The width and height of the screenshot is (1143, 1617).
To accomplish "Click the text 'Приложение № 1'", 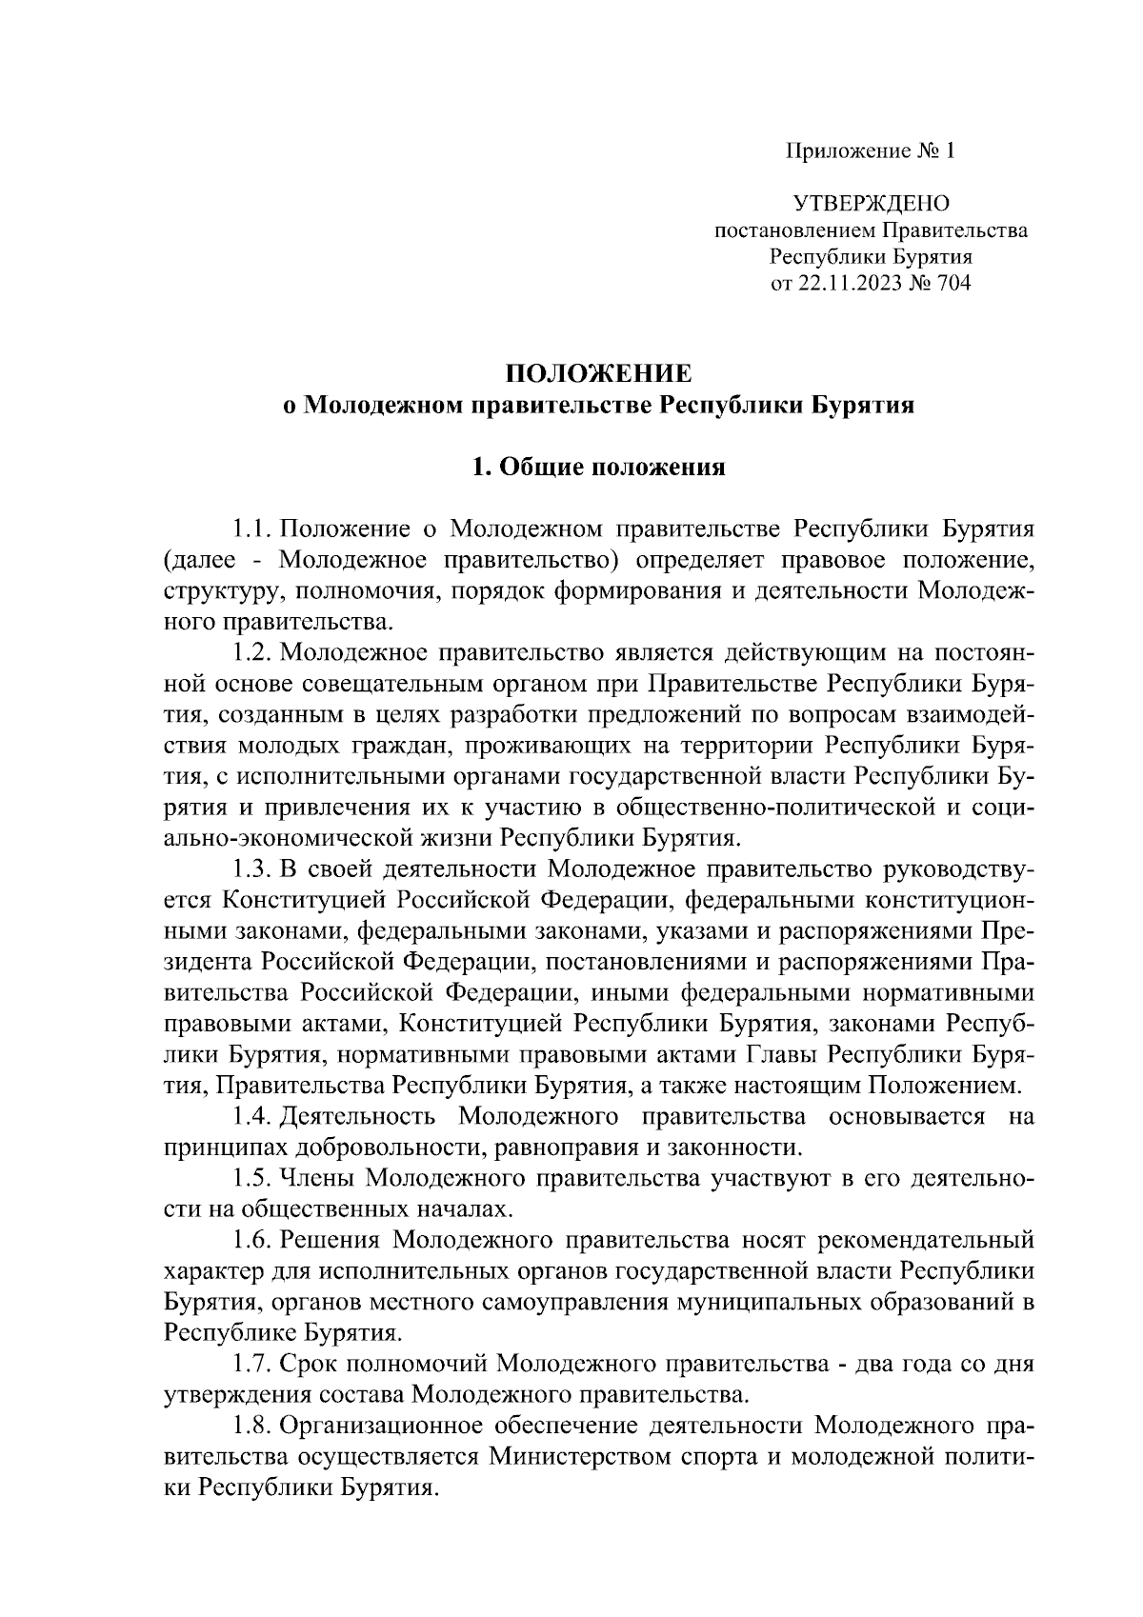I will click(x=869, y=150).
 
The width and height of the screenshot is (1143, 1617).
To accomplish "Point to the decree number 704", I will click(x=952, y=283).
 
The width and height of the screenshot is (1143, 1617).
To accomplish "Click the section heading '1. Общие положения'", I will click(x=599, y=468).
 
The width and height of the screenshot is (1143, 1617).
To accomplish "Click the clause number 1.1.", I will click(x=253, y=529).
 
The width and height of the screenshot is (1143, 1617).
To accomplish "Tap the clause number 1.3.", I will click(x=253, y=868).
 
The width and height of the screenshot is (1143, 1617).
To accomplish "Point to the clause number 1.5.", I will click(x=253, y=1178).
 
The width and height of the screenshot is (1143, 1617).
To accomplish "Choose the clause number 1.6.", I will click(x=253, y=1240).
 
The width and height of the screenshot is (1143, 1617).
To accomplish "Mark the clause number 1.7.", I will click(x=253, y=1364).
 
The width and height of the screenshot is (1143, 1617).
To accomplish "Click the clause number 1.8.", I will click(x=253, y=1426).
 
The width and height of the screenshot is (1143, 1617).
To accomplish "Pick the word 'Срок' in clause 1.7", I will click(x=310, y=1364).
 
